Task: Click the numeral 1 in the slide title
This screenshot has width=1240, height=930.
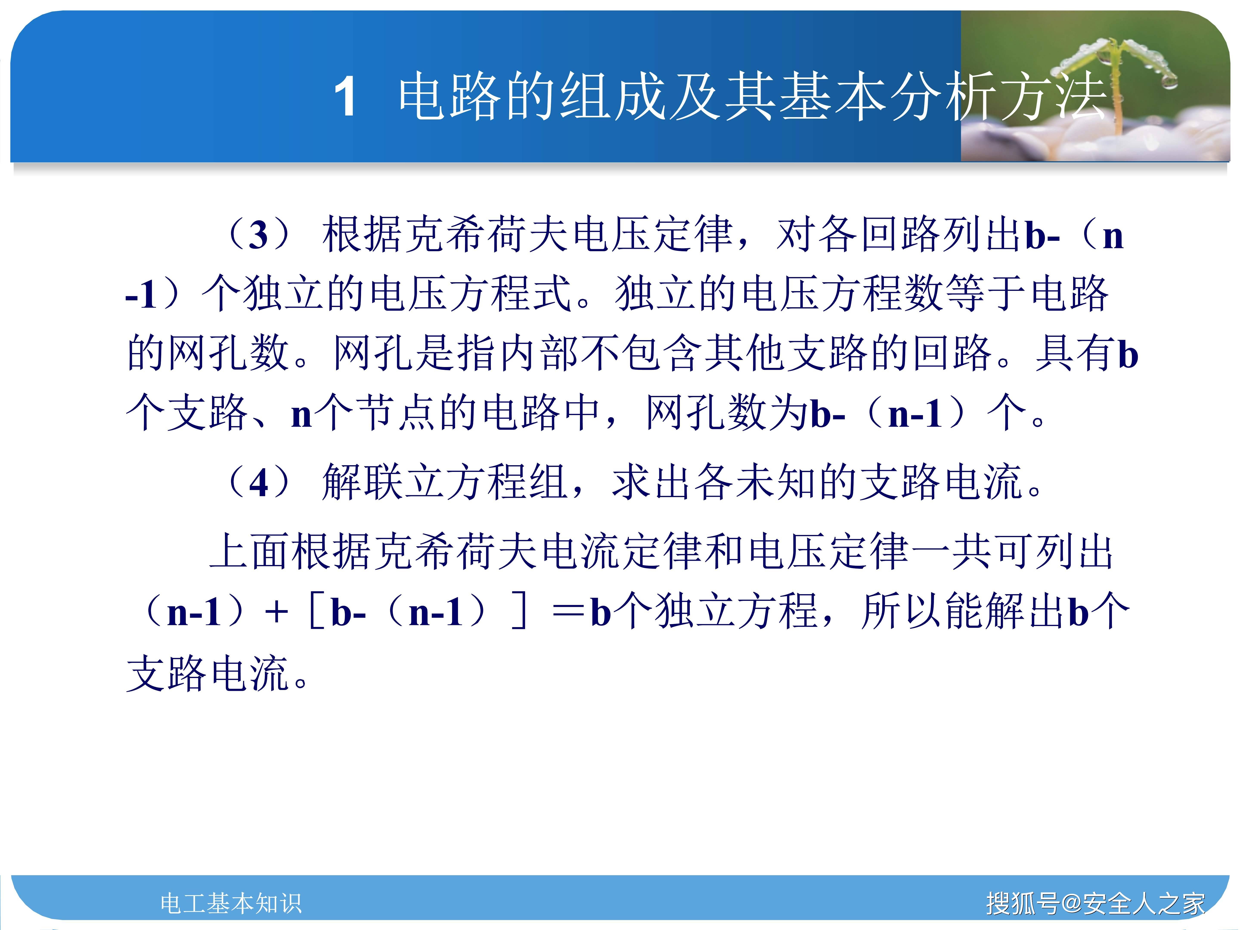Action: (345, 97)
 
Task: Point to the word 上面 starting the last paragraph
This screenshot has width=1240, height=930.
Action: (250, 552)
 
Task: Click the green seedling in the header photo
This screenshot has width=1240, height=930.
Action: (1113, 73)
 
